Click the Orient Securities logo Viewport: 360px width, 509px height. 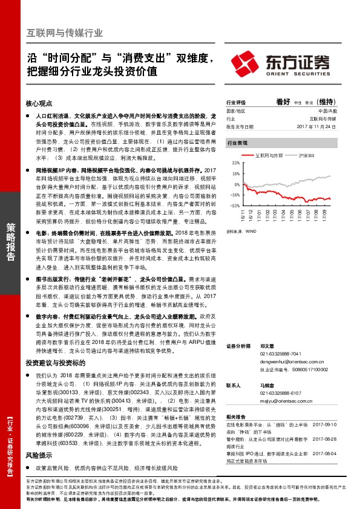click(x=281, y=63)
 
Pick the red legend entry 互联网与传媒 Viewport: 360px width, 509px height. click(x=270, y=155)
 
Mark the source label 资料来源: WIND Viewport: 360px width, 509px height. click(x=238, y=231)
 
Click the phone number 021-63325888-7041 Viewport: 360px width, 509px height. click(x=280, y=354)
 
